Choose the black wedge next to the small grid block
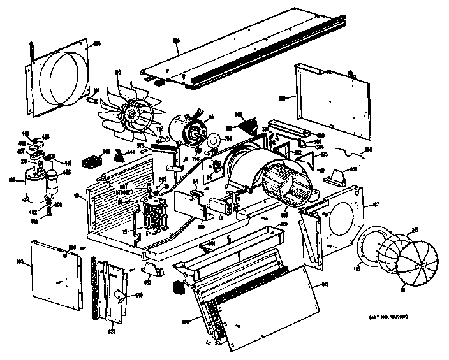click(x=119, y=154)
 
